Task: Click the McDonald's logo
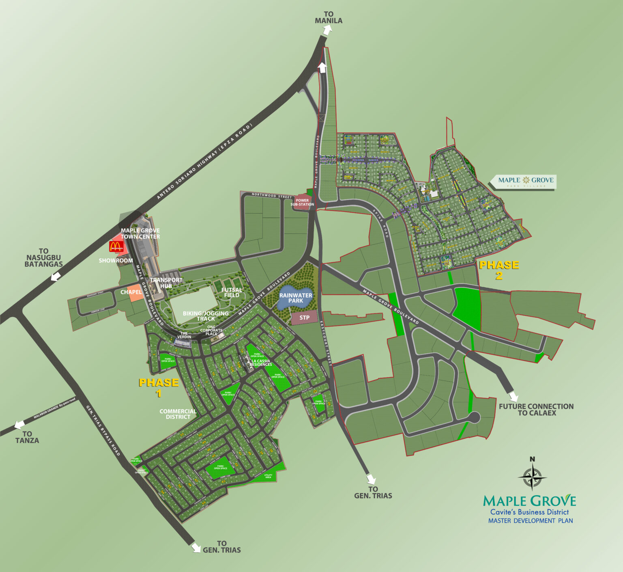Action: coord(116,246)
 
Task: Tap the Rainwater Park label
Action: coord(296,298)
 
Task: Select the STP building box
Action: coord(304,318)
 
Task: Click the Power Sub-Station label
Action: coord(302,202)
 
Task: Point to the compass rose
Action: coord(532,477)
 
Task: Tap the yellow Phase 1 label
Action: coord(159,387)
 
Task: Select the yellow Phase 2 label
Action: coord(499,270)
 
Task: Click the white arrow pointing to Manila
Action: coord(327,30)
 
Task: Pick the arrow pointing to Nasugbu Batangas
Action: coord(56,276)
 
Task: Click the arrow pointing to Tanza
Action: coord(19,425)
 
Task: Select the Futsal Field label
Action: coord(232,292)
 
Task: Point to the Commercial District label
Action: coord(178,414)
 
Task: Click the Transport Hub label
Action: coord(166,283)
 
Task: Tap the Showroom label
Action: coord(116,261)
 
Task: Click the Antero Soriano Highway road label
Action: coord(204,162)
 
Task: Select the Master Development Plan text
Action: coord(531,521)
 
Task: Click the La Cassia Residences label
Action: coord(260,363)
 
